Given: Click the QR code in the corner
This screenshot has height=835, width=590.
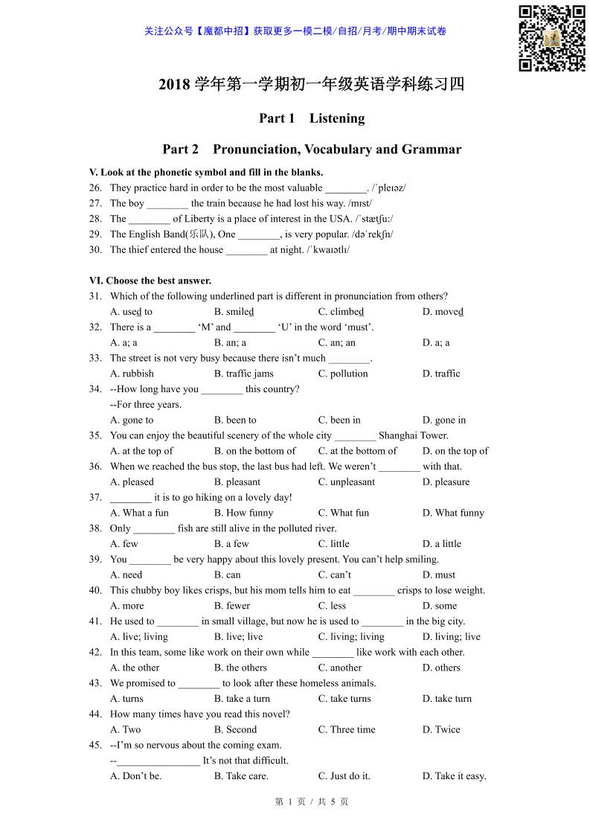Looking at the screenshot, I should (551, 39).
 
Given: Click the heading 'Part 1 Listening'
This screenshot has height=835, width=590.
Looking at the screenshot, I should (312, 118).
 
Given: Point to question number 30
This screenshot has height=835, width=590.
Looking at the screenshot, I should (95, 250).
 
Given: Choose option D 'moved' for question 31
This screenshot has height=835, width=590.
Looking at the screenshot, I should (443, 312).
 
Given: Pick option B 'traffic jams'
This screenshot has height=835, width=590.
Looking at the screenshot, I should (243, 374).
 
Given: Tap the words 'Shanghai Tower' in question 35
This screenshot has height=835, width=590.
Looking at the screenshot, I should (414, 435).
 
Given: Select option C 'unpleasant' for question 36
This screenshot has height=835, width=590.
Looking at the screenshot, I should (347, 482).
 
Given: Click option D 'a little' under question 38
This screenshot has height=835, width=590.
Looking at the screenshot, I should (442, 543).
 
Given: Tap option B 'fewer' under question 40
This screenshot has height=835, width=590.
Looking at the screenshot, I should (232, 606).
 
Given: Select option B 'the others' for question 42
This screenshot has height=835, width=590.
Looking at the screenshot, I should (240, 668).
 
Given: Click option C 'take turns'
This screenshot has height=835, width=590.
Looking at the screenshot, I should (344, 698).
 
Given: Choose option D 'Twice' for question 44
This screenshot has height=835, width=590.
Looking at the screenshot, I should (441, 729).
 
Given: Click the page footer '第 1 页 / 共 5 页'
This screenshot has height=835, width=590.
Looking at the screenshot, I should (311, 802).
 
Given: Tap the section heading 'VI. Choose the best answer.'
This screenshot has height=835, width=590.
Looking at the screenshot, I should (150, 281).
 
